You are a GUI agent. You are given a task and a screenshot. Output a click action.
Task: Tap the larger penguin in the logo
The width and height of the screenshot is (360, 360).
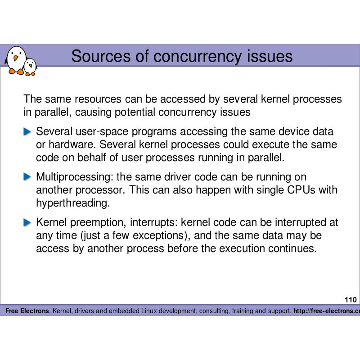click(x=16, y=60)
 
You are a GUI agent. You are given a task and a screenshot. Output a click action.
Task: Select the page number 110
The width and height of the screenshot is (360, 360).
click(x=351, y=300)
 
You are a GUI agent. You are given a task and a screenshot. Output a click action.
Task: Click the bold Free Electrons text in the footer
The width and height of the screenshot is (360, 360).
click(x=27, y=311)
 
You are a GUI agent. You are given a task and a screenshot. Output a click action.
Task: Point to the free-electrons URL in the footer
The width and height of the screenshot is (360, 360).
click(x=326, y=311)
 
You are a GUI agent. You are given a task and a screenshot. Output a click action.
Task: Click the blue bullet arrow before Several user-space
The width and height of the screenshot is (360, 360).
click(x=28, y=131)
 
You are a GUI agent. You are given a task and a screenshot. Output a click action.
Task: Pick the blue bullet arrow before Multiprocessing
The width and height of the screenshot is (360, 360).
click(x=28, y=177)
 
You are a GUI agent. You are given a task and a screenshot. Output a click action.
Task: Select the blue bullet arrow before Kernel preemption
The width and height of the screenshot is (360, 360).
click(x=28, y=222)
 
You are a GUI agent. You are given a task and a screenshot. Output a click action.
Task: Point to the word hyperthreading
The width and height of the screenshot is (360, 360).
click(x=72, y=203)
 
